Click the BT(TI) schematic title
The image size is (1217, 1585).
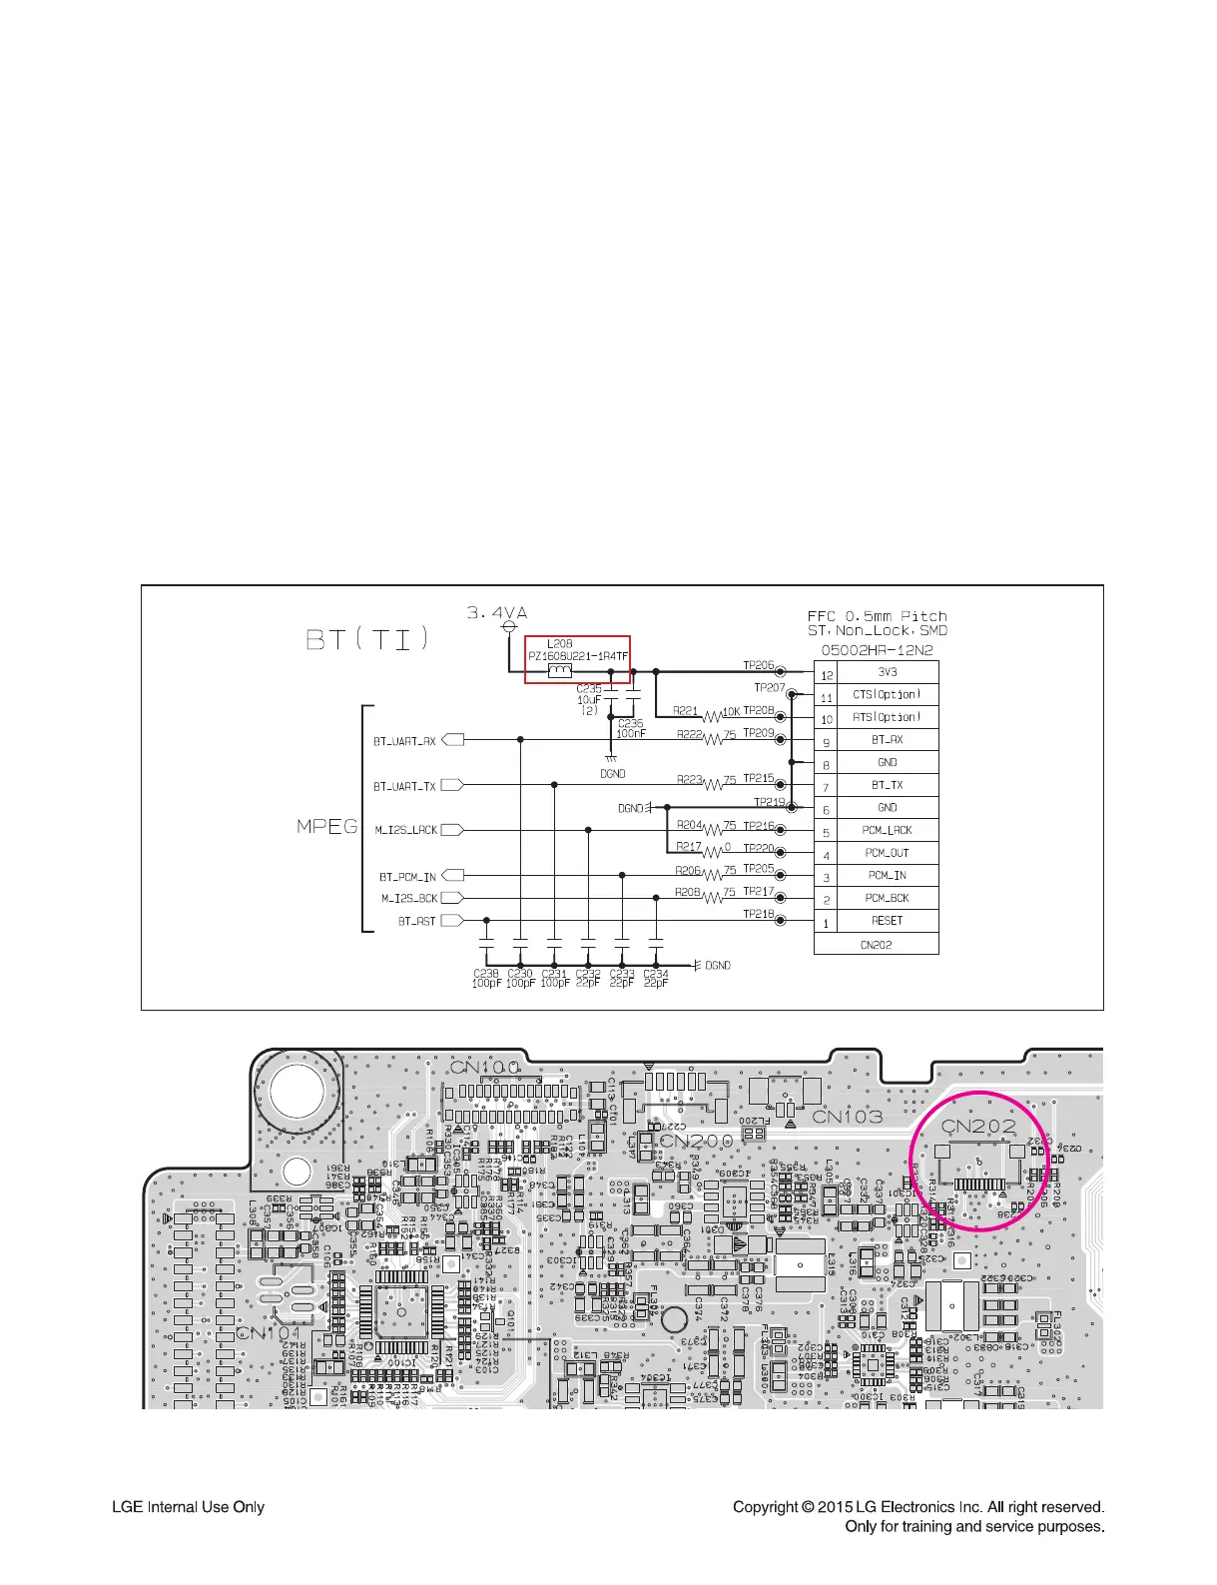[367, 638]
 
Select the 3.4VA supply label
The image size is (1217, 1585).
[497, 613]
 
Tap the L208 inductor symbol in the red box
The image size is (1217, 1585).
[560, 671]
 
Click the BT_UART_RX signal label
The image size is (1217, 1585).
[404, 741]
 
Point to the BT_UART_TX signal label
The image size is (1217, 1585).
[404, 786]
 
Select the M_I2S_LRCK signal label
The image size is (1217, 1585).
[405, 830]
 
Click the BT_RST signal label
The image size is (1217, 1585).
[416, 921]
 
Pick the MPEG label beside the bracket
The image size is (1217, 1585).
[326, 827]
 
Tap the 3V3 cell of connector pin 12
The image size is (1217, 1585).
[887, 672]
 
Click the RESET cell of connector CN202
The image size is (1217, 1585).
[887, 921]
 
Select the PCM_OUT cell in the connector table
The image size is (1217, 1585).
[887, 853]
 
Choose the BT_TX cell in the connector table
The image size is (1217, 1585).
[887, 785]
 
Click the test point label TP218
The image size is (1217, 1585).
[758, 914]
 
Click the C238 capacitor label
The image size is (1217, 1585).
[485, 973]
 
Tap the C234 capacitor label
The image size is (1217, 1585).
[655, 973]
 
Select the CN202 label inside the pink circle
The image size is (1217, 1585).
[979, 1126]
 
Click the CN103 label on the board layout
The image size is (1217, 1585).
[847, 1116]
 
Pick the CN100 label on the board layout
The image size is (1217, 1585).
[485, 1067]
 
